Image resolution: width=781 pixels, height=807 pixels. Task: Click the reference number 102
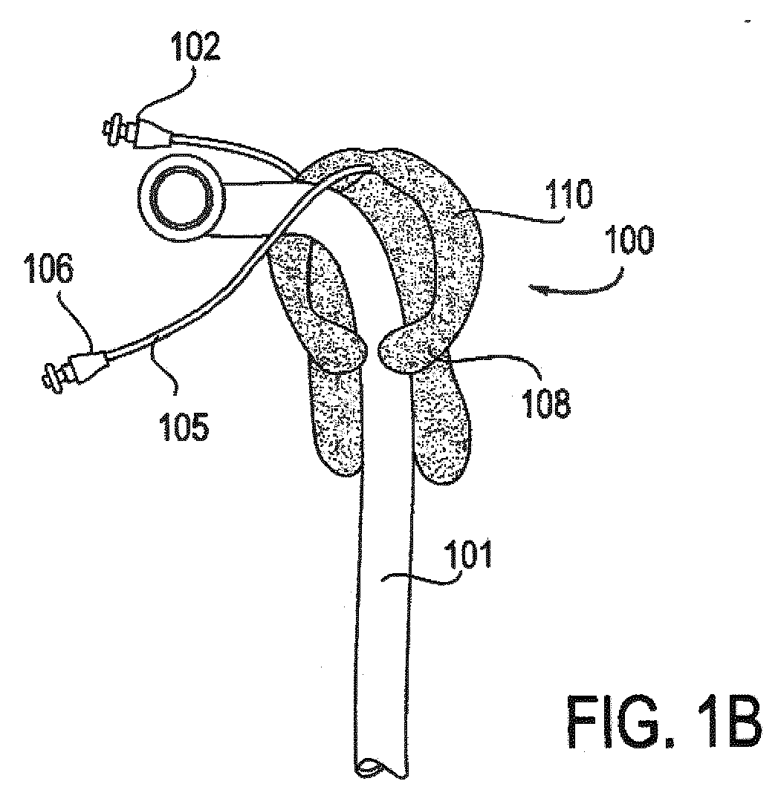(196, 48)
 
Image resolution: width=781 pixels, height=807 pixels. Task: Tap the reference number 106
(50, 269)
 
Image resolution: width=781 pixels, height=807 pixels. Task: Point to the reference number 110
(570, 194)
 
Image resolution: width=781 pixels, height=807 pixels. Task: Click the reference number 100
(629, 241)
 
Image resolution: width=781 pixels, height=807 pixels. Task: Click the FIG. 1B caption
(664, 722)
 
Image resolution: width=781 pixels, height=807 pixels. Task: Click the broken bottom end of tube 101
(380, 768)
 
